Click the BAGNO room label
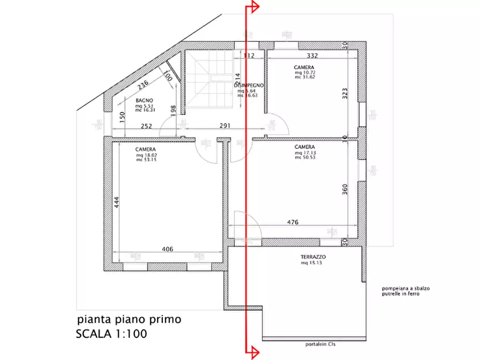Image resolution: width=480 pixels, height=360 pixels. coord(145,100)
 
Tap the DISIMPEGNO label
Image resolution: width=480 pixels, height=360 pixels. coord(249,85)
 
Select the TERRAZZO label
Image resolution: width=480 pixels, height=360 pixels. coord(313,257)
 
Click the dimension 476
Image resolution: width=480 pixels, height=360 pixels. coord(292,222)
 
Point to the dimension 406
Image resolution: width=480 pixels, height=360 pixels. coord(167,249)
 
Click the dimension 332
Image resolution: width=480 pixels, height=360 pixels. coord(313,56)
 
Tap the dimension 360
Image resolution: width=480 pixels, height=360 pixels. coord(345,189)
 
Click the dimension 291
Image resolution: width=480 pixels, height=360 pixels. coord(225,126)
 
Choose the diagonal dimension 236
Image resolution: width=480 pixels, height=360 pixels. coord(143,85)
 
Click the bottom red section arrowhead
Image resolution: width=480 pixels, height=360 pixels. coord(254,352)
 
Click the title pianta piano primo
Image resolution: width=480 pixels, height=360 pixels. coord(129,319)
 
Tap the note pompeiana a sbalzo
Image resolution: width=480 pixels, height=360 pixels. coord(406,289)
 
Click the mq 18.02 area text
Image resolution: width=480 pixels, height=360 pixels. coord(146,155)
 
